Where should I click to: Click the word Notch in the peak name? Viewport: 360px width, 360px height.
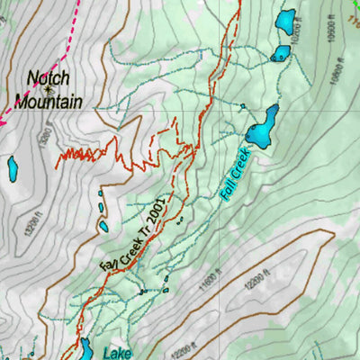[x=49, y=78]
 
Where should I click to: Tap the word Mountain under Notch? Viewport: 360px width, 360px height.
[x=49, y=101]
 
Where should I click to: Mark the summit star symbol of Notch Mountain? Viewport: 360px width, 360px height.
[x=49, y=90]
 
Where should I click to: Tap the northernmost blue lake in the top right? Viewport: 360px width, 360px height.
[x=285, y=20]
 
